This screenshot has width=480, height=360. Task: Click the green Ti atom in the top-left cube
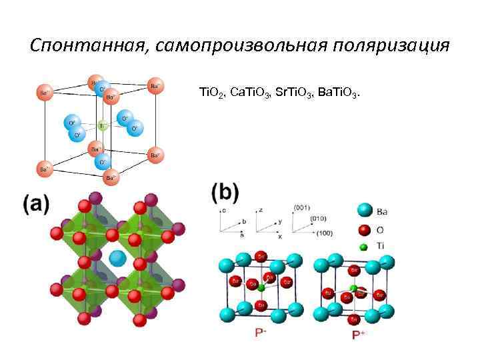tap(102, 125)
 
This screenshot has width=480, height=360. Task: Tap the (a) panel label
tap(36, 205)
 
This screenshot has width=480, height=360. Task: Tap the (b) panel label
tap(225, 194)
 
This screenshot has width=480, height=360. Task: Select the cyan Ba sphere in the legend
tap(364, 211)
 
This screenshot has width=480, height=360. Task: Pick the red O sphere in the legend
tap(364, 230)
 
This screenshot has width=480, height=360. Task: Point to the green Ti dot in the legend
tap(363, 247)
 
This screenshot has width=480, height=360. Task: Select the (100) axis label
tap(324, 234)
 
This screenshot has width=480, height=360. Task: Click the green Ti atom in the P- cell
tap(262, 288)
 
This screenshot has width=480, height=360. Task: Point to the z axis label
tap(260, 209)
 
